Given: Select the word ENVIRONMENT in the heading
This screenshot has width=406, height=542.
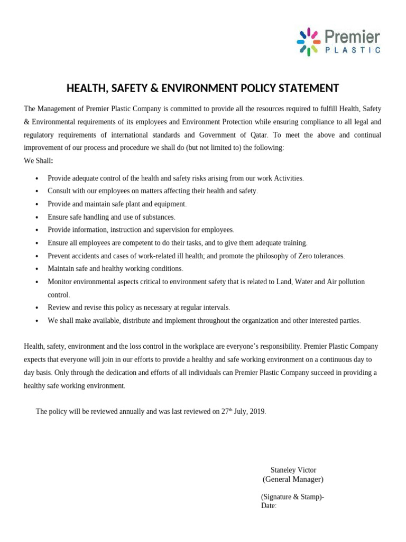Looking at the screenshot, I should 216,88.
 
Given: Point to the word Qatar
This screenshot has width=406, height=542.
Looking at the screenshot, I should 256,135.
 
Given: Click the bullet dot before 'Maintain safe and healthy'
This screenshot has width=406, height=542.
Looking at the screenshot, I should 36,269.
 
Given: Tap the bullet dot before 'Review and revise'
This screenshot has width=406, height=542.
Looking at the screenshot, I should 36,308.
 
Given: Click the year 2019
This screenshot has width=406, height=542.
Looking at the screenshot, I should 256,411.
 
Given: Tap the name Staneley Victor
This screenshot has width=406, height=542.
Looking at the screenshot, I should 293,469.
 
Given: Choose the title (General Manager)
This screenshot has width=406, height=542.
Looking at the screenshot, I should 293,480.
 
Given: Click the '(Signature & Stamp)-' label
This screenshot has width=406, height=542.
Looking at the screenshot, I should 293,496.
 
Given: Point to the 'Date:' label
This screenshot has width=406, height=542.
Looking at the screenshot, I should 269,505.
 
